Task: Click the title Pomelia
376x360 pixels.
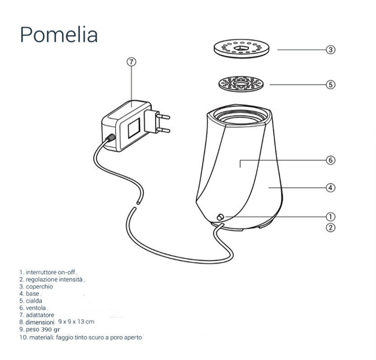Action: [59, 34]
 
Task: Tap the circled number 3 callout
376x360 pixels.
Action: [331, 50]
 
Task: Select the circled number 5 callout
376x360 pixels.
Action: [331, 84]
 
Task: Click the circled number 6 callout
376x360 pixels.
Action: [331, 160]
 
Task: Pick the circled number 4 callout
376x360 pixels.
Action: [331, 187]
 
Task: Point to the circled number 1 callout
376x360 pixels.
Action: [331, 217]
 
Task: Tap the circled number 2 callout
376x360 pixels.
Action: [331, 227]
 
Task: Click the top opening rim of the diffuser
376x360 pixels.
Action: [239, 115]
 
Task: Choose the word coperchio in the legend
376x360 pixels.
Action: [39, 286]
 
